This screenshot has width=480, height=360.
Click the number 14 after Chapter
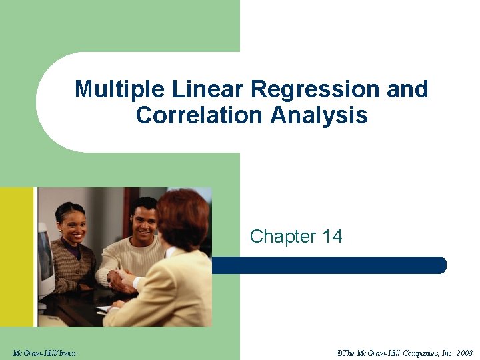point(331,237)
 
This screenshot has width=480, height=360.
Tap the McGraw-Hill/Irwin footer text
point(44,352)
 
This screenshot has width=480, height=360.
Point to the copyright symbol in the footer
point(339,352)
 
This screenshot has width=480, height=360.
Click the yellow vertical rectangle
point(17,257)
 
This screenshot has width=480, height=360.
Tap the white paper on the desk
point(103,309)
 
